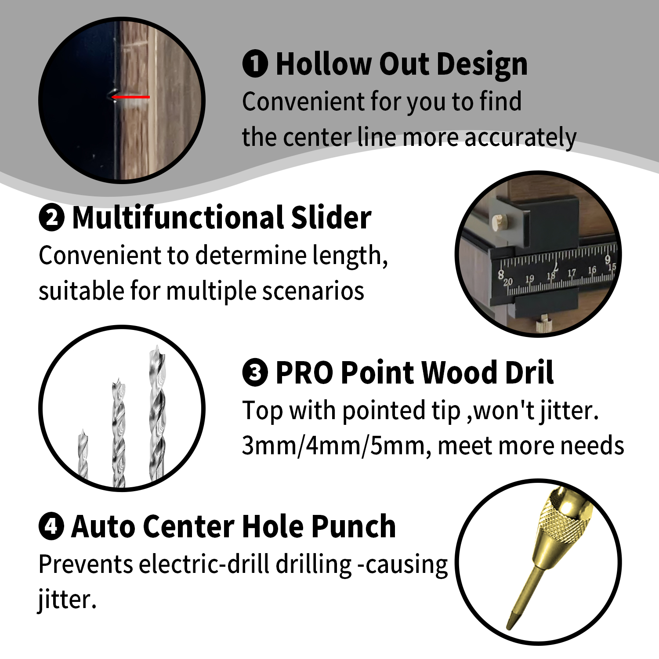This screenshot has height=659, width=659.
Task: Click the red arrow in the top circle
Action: click(130, 97)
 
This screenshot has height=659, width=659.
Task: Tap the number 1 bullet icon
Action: click(255, 64)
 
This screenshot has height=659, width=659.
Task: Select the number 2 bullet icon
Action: click(51, 218)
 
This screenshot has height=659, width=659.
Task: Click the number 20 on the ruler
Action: click(508, 282)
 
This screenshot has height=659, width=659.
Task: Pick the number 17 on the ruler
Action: click(571, 273)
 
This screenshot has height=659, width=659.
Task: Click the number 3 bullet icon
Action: click(255, 373)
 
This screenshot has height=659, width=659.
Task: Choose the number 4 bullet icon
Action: click(51, 527)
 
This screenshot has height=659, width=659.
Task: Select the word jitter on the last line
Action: click(66, 599)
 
